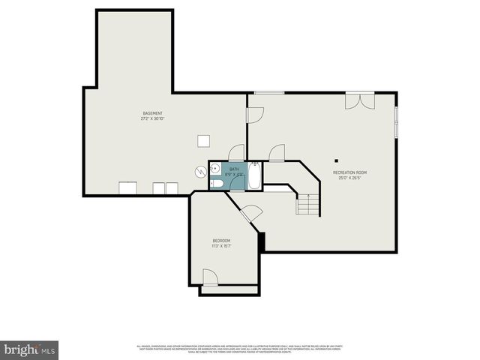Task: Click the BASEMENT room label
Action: point(152,113)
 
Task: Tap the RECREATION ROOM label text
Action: point(350,172)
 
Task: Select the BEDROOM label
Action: point(221,241)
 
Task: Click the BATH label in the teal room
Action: point(234,169)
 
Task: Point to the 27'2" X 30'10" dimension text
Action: point(152,118)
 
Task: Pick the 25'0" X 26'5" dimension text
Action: point(350,178)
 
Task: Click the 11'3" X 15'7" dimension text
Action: point(221,246)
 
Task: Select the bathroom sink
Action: point(214,168)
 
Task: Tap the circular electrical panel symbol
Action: point(200,171)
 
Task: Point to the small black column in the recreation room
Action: point(337,160)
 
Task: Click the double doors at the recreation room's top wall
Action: point(358,99)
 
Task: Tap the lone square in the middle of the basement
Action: point(203,141)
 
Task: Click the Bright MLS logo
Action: point(29,349)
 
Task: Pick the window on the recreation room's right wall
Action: point(395,120)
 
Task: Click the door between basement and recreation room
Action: point(254,115)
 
